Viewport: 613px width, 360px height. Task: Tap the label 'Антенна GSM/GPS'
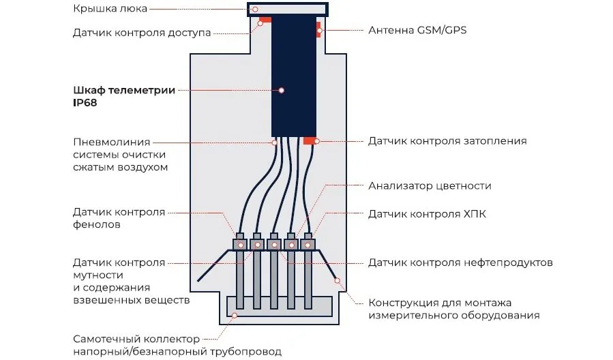click(x=417, y=31)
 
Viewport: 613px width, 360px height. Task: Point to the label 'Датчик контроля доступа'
click(x=141, y=33)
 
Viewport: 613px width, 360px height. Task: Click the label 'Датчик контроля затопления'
click(x=447, y=141)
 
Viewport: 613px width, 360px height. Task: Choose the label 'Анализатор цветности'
click(x=430, y=185)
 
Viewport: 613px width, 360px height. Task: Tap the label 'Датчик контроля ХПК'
click(x=427, y=214)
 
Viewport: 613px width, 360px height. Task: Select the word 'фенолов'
click(x=98, y=224)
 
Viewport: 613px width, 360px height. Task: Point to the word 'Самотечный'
click(x=105, y=339)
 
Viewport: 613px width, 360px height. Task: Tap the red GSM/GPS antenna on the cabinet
click(x=318, y=30)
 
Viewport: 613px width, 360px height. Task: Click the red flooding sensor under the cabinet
click(x=309, y=140)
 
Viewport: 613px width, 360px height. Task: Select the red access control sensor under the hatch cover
click(x=265, y=19)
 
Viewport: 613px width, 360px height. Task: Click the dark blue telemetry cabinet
click(x=294, y=75)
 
